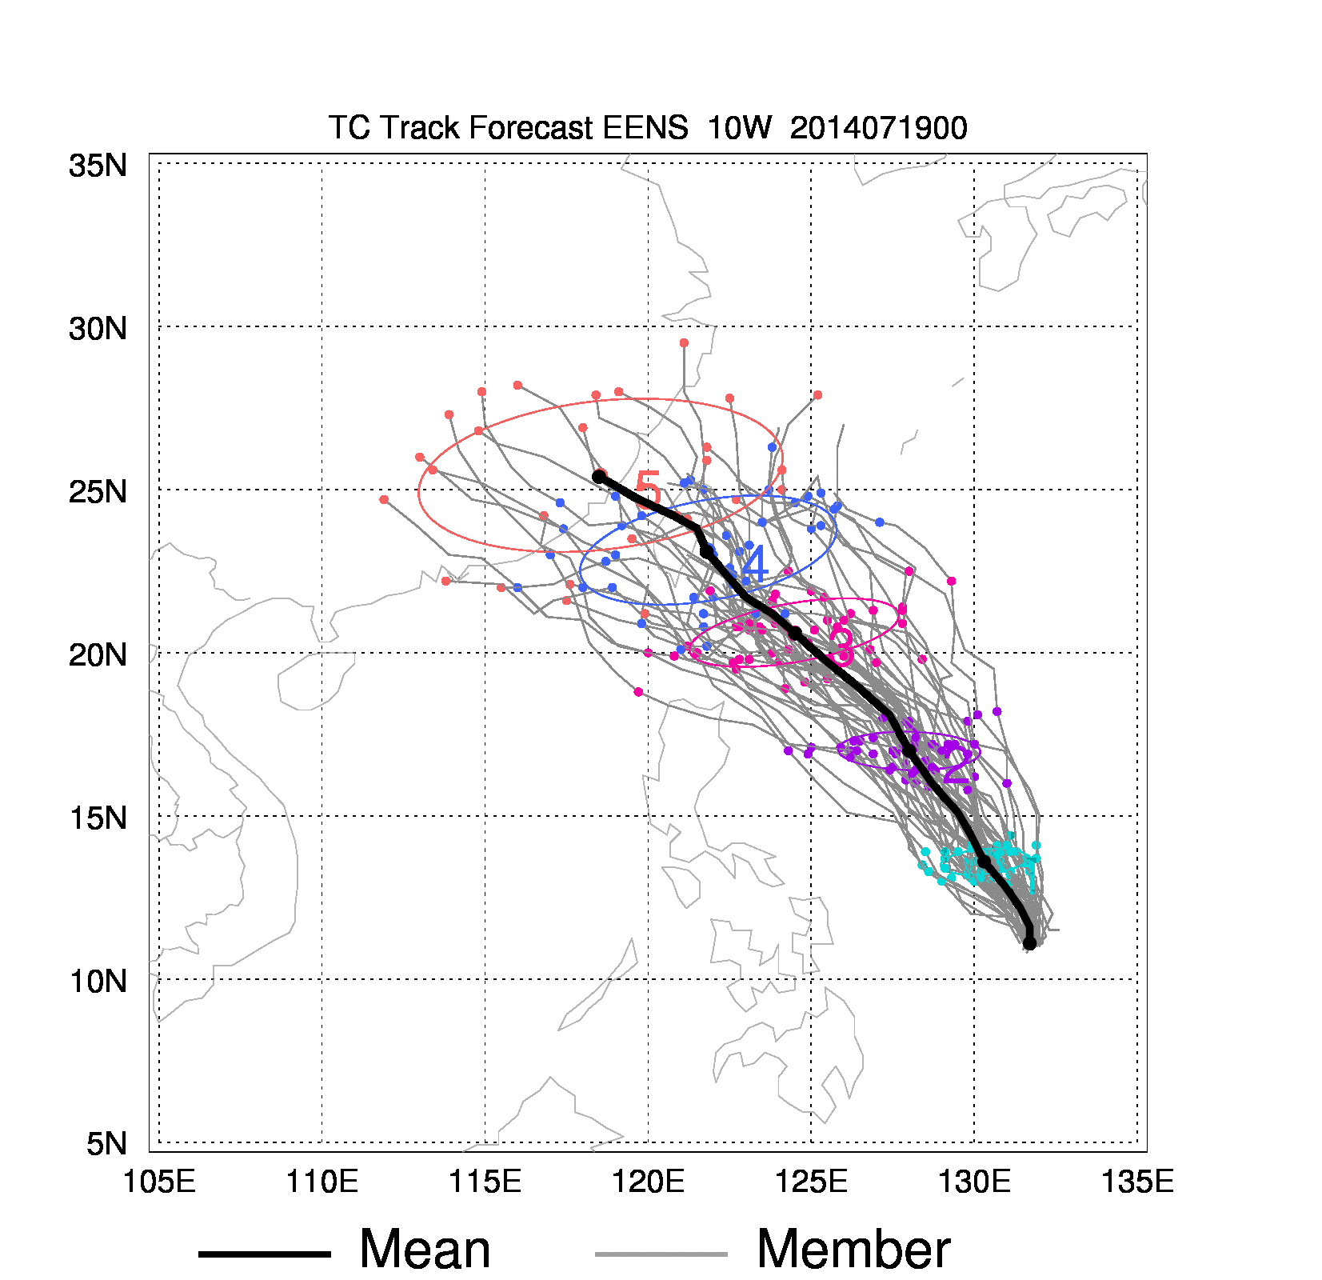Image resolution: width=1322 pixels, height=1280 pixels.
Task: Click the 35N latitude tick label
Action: click(98, 166)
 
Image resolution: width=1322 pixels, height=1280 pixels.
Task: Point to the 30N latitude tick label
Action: click(98, 329)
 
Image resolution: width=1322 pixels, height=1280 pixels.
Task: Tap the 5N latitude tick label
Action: click(106, 1144)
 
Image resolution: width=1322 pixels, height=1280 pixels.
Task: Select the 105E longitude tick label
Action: click(159, 1181)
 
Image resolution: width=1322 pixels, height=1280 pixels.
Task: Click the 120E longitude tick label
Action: click(648, 1181)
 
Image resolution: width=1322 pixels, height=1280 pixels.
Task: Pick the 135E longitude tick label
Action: click(1137, 1181)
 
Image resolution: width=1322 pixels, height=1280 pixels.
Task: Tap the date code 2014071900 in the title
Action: click(878, 128)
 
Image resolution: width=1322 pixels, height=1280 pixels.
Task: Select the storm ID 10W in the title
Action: click(739, 128)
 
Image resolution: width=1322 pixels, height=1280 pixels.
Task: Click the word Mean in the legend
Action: click(425, 1250)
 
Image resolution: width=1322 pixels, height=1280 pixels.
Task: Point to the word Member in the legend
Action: click(853, 1250)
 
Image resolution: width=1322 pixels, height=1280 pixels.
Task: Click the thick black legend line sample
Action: click(264, 1254)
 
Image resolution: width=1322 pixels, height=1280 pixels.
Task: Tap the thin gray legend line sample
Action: click(661, 1254)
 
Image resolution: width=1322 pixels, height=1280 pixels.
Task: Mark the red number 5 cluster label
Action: click(648, 490)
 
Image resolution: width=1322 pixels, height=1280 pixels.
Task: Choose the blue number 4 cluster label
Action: click(754, 564)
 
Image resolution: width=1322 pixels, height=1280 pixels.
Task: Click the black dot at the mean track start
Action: click(1029, 943)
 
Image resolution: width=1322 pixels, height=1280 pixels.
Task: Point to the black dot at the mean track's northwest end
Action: click(599, 476)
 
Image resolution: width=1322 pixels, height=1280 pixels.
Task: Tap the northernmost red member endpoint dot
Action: click(684, 343)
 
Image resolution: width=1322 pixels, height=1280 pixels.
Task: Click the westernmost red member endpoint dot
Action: click(384, 499)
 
